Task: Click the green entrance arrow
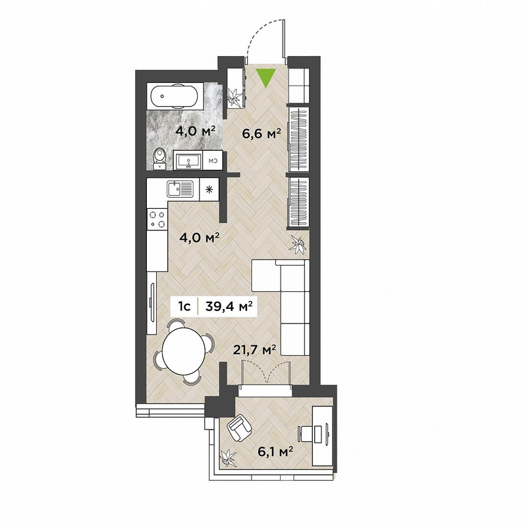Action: pyautogui.click(x=265, y=76)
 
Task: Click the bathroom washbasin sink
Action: pyautogui.click(x=188, y=160)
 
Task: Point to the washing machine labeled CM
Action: pyautogui.click(x=213, y=160)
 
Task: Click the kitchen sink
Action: pyautogui.click(x=180, y=189)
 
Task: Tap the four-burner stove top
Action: pyautogui.click(x=157, y=219)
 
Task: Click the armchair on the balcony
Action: pyautogui.click(x=239, y=428)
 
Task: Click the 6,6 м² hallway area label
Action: pyautogui.click(x=262, y=134)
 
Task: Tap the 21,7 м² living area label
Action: pyautogui.click(x=255, y=350)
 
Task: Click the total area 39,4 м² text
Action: pyautogui.click(x=229, y=306)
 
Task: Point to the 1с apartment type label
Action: pyautogui.click(x=185, y=306)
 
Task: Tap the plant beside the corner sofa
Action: pyautogui.click(x=298, y=244)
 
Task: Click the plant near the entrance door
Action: pyautogui.click(x=235, y=96)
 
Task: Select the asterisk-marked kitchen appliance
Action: pyautogui.click(x=209, y=189)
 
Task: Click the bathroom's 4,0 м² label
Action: pyautogui.click(x=195, y=130)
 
